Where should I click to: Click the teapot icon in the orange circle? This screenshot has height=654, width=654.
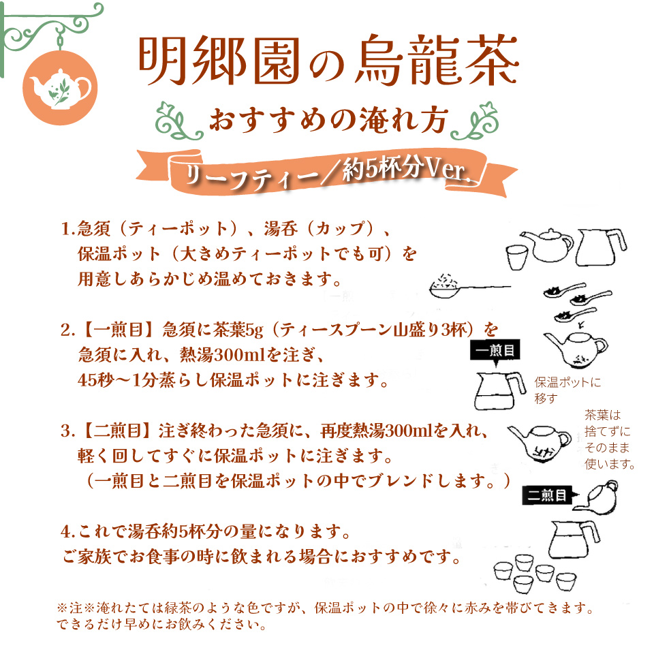(60, 87)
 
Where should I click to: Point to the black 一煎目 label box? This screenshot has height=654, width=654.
(495, 350)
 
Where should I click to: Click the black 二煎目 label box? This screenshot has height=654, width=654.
(548, 496)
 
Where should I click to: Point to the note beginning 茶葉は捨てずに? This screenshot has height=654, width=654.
(609, 440)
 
